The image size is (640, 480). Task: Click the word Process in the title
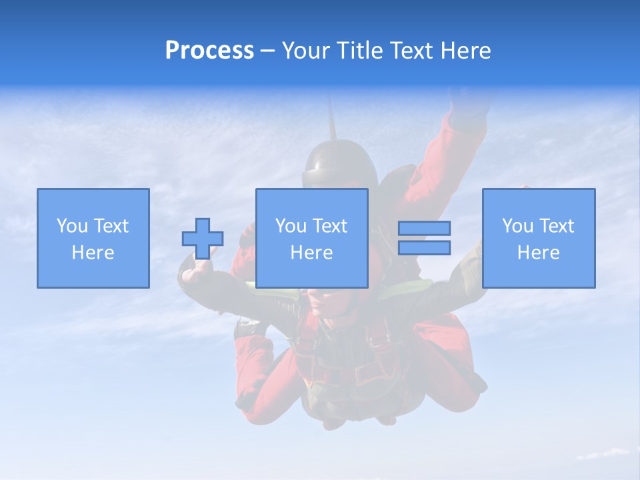point(209,51)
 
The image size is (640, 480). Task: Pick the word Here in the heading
point(466,51)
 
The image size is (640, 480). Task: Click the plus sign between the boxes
point(203,239)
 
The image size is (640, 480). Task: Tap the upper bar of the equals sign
point(424,228)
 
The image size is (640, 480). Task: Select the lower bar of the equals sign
point(424,247)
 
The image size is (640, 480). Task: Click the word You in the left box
point(72,226)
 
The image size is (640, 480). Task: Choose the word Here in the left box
point(93,253)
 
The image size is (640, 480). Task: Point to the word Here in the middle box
point(311,253)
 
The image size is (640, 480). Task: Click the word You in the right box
point(517,226)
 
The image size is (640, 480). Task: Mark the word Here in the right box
point(538,253)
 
